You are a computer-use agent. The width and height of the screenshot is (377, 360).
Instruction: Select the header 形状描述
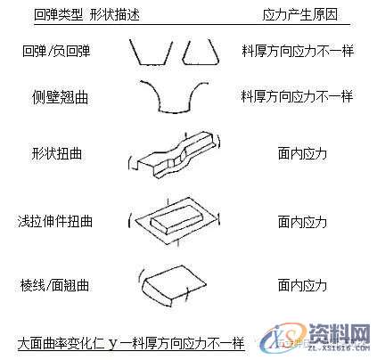(x=114, y=16)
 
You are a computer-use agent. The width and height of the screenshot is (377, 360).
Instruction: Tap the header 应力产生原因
(x=301, y=16)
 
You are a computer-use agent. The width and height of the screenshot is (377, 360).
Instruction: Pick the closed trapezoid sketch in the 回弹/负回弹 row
(x=200, y=54)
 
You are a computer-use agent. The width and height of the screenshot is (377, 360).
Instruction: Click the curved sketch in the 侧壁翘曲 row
(x=174, y=97)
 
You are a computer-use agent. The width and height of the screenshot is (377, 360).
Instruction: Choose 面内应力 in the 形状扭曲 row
(x=302, y=153)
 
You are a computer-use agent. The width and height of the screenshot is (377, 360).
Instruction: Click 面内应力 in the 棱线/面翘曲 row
(x=302, y=286)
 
